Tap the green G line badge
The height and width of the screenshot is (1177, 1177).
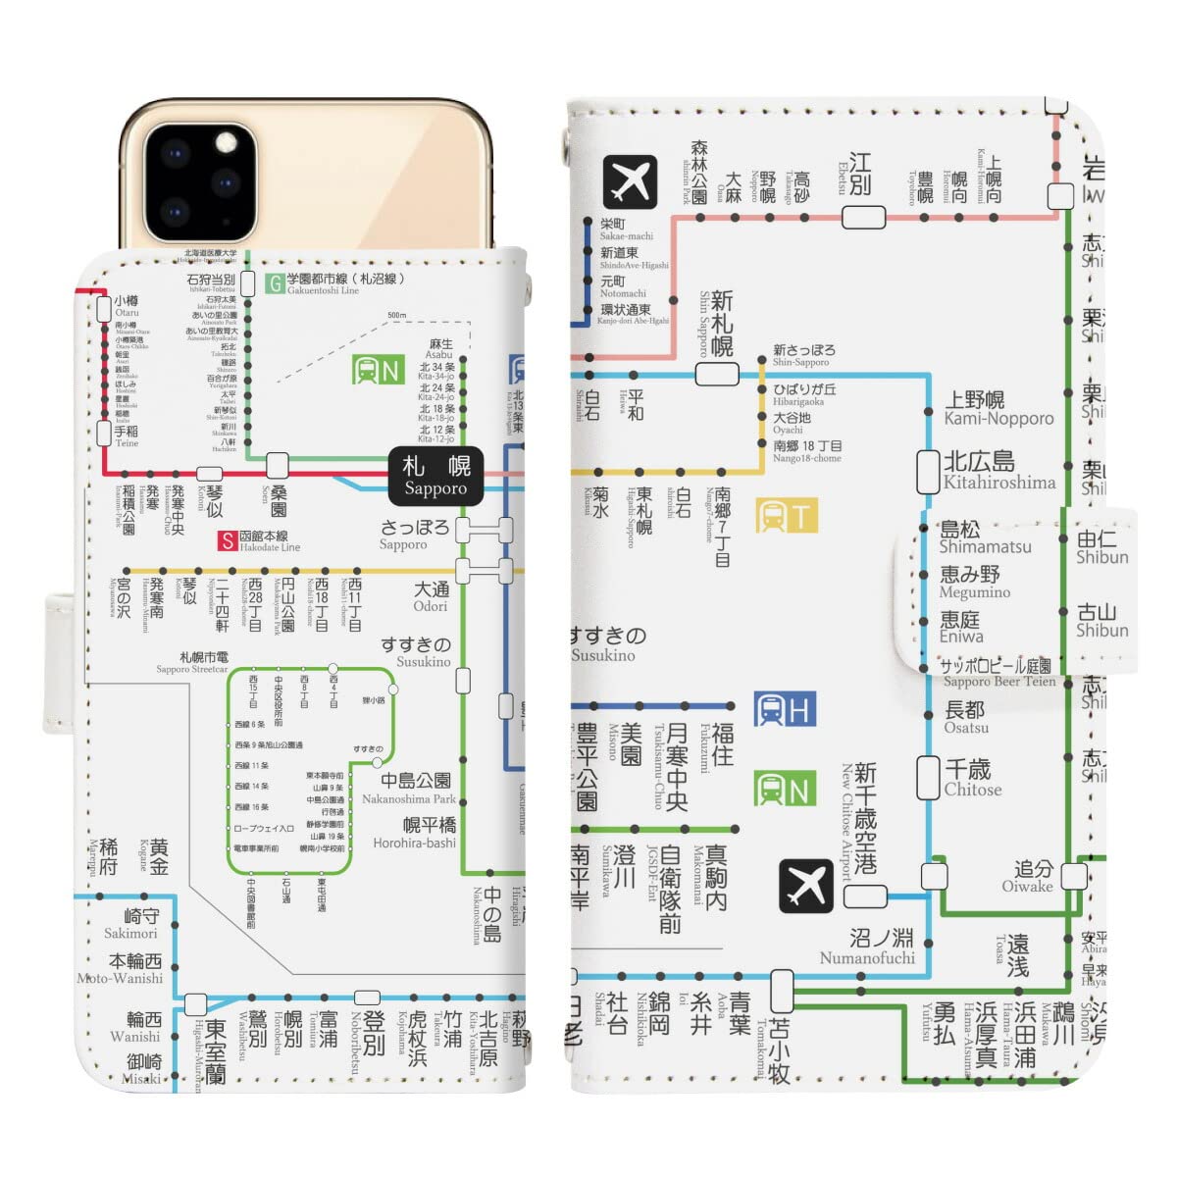click(277, 284)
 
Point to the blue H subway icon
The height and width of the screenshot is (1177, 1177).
click(785, 709)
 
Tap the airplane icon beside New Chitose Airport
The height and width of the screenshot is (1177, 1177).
click(805, 886)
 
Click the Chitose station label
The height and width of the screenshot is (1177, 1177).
click(972, 778)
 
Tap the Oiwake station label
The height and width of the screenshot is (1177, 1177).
click(1028, 876)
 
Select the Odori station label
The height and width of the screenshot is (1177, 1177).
click(431, 596)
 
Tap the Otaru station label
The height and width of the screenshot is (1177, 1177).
click(127, 306)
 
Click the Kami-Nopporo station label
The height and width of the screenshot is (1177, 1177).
click(998, 409)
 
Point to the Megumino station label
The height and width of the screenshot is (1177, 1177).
click(973, 582)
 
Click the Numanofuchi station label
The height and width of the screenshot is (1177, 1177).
click(868, 947)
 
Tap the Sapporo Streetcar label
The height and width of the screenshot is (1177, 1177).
click(192, 663)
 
